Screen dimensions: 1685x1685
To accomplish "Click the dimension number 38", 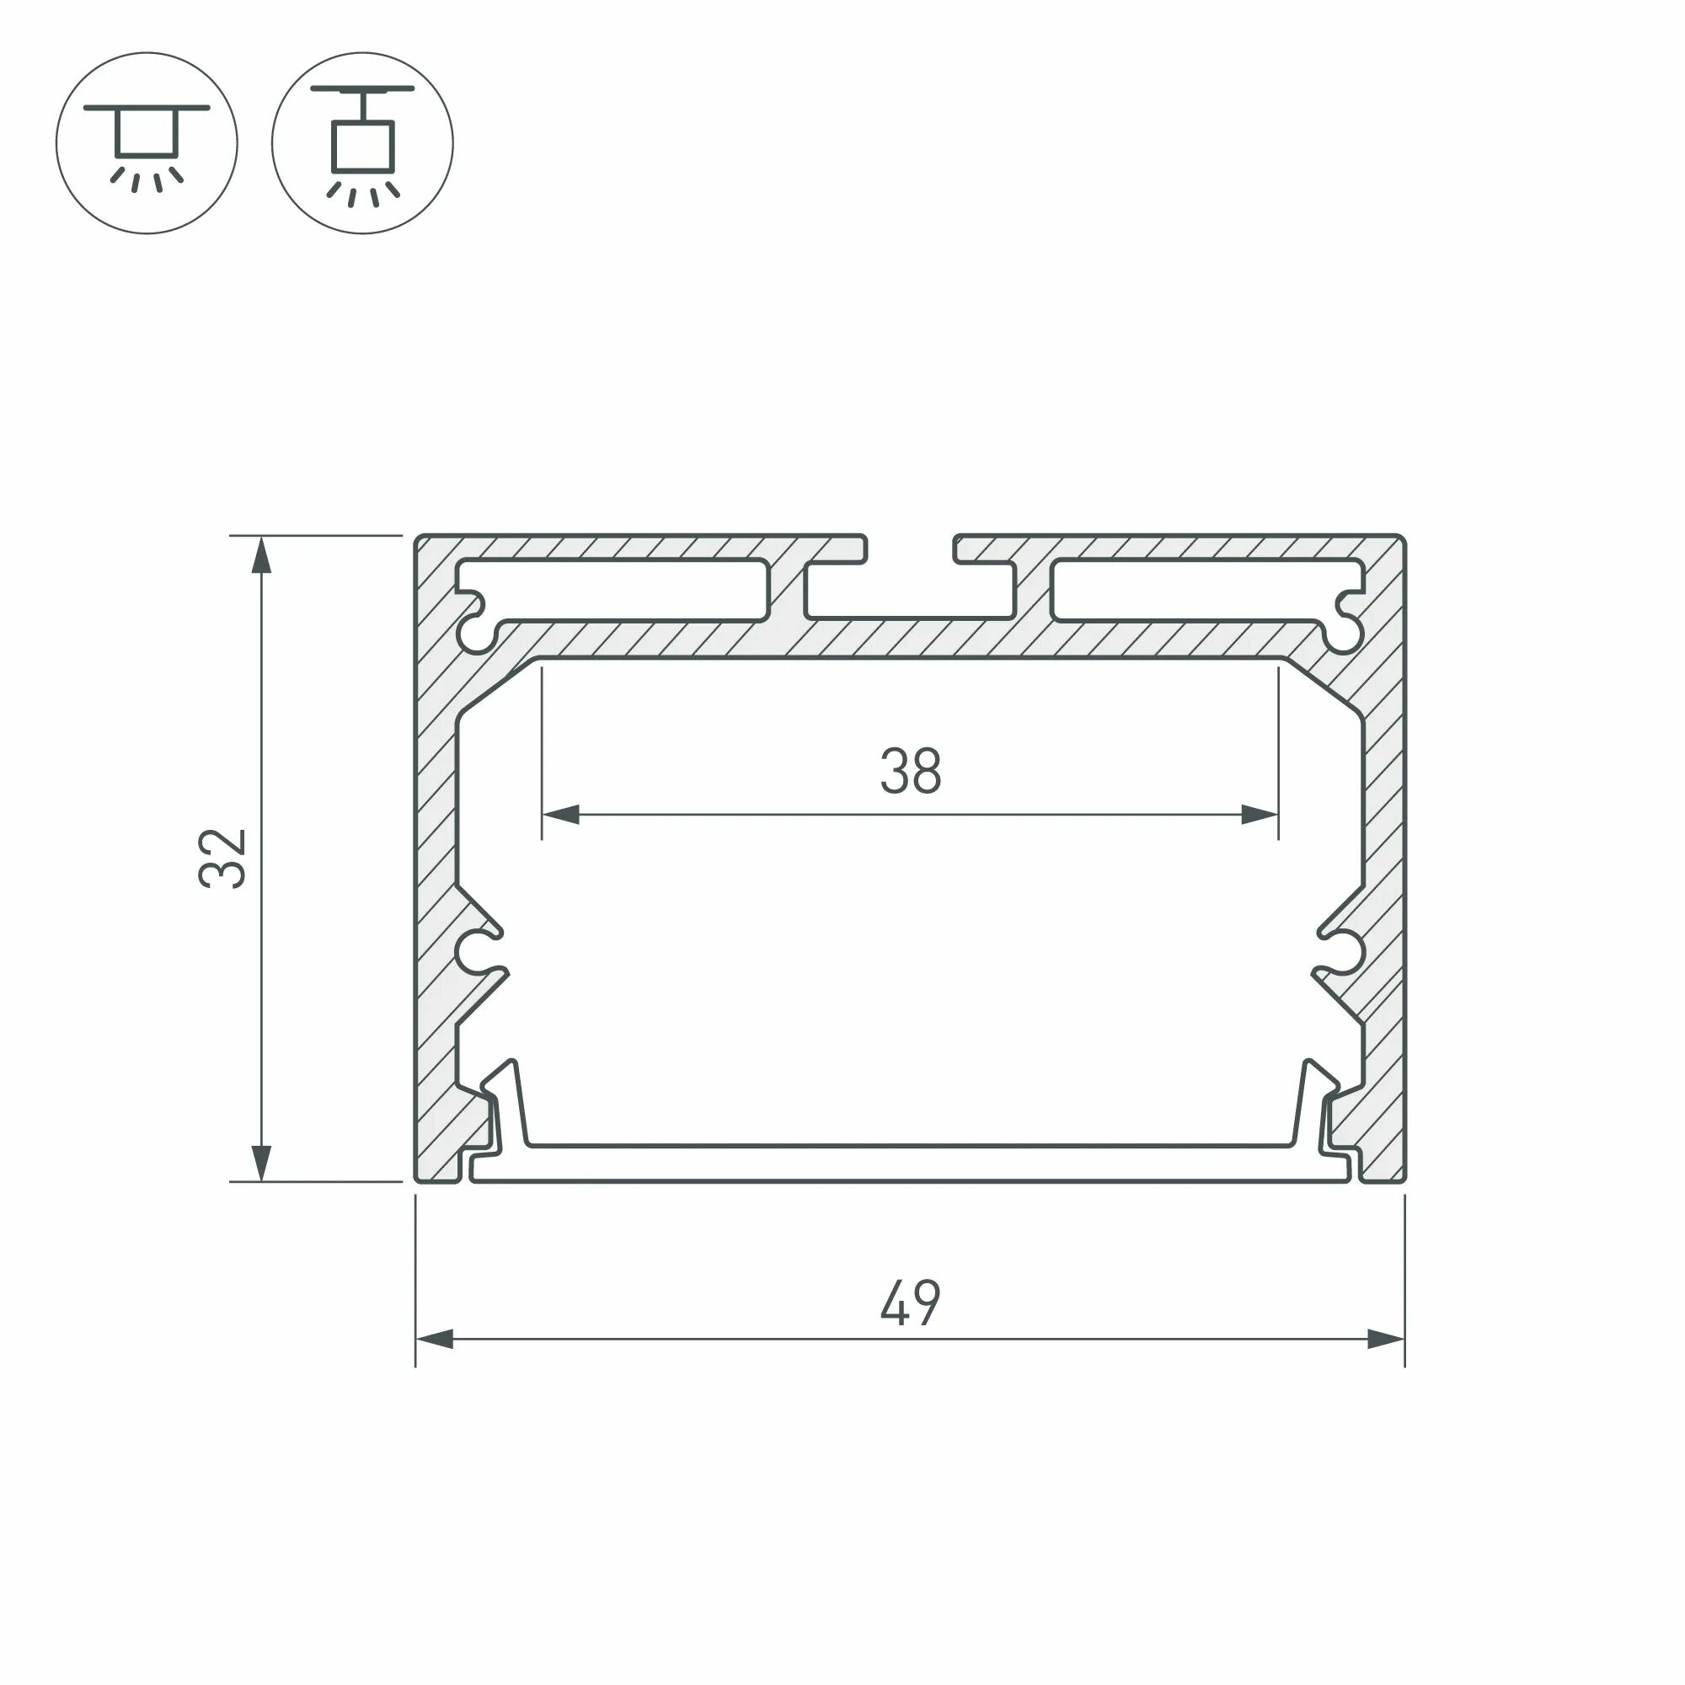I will pyautogui.click(x=910, y=771).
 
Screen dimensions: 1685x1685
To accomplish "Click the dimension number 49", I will pyautogui.click(x=910, y=1303).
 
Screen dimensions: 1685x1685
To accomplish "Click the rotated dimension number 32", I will pyautogui.click(x=223, y=859).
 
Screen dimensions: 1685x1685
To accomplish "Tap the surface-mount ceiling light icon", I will pyautogui.click(x=147, y=142).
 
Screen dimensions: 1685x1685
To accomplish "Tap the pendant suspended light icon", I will pyautogui.click(x=363, y=142).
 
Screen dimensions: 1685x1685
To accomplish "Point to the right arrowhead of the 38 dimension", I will pyautogui.click(x=1260, y=816).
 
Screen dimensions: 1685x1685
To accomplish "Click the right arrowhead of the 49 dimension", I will pyautogui.click(x=1386, y=1339).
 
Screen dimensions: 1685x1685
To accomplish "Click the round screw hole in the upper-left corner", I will pyautogui.click(x=476, y=635).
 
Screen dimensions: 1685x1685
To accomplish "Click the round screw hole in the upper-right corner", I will pyautogui.click(x=1344, y=635).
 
